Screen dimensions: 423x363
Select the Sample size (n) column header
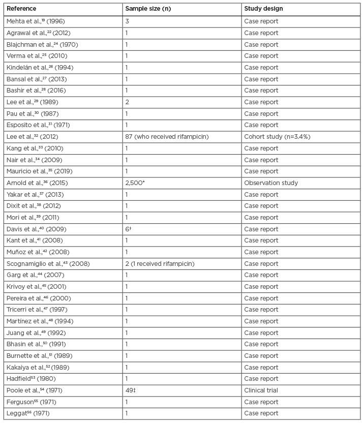click(x=149, y=9)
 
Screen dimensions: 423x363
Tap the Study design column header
click(x=263, y=9)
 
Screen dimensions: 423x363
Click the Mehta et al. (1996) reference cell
click(x=36, y=21)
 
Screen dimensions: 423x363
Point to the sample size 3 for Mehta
click(x=127, y=21)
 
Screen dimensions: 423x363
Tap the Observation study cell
click(x=271, y=183)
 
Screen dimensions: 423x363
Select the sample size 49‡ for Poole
click(x=131, y=390)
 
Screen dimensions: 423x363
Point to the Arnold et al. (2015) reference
click(x=37, y=183)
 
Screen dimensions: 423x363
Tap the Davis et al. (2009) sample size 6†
click(x=129, y=229)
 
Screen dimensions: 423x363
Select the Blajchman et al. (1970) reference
click(x=42, y=45)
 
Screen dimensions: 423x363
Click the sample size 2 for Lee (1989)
click(x=127, y=102)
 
